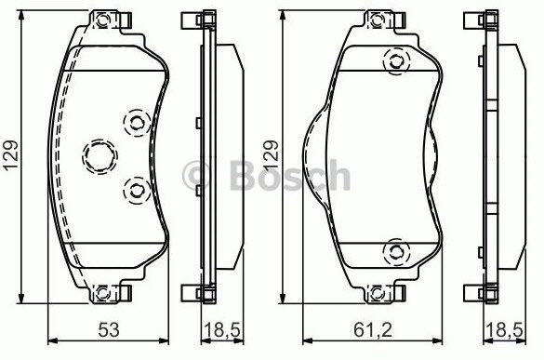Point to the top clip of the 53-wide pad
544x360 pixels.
[110, 20]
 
